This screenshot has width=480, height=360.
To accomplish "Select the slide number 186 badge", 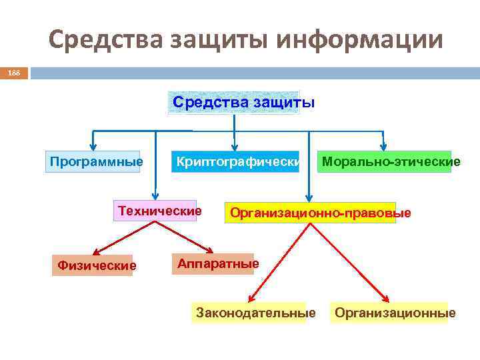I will click(14, 71).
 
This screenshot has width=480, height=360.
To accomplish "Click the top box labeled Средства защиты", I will click(234, 103).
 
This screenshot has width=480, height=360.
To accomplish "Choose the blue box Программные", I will click(94, 161).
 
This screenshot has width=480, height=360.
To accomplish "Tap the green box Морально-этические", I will click(384, 161).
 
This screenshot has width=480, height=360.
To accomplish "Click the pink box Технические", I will click(159, 211).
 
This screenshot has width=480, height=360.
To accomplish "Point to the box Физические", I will click(97, 266).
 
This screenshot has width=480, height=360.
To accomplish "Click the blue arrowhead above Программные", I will click(93, 146).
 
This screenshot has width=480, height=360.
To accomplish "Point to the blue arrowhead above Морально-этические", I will click(383, 146).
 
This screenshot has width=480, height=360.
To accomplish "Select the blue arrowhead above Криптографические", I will click(233, 147).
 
